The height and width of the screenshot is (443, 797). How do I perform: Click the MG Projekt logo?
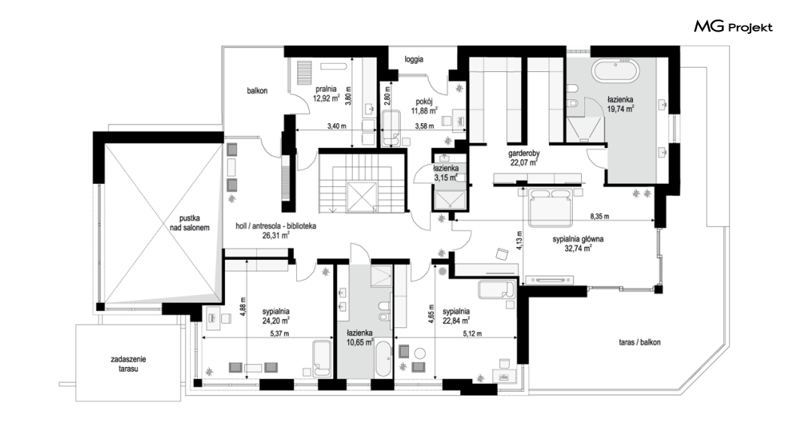[733, 27]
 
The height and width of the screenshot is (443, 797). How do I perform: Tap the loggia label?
[414, 59]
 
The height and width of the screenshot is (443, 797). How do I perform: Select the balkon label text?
[257, 91]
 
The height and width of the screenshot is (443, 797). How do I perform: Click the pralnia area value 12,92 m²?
[326, 99]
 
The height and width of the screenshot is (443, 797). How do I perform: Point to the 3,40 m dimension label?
[337, 126]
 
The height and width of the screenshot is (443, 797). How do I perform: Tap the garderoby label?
[524, 153]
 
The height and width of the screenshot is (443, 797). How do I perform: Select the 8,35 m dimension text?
[600, 216]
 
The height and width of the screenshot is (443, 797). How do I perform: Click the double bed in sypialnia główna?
[551, 207]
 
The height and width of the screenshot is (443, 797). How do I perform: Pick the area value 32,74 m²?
[578, 249]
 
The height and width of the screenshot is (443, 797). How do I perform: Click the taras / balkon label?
[639, 342]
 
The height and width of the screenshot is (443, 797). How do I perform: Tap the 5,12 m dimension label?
[472, 334]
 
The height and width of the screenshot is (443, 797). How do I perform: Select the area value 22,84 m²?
[456, 321]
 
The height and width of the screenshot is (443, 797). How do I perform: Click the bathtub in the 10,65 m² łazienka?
[383, 359]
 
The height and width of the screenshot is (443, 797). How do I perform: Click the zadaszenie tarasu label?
[128, 364]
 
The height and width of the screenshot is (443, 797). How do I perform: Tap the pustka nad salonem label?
[189, 223]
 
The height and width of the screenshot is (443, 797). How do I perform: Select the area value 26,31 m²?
[276, 236]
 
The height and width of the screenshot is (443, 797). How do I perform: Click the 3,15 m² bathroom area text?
[446, 178]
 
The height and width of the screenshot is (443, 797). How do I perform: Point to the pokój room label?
[424, 101]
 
